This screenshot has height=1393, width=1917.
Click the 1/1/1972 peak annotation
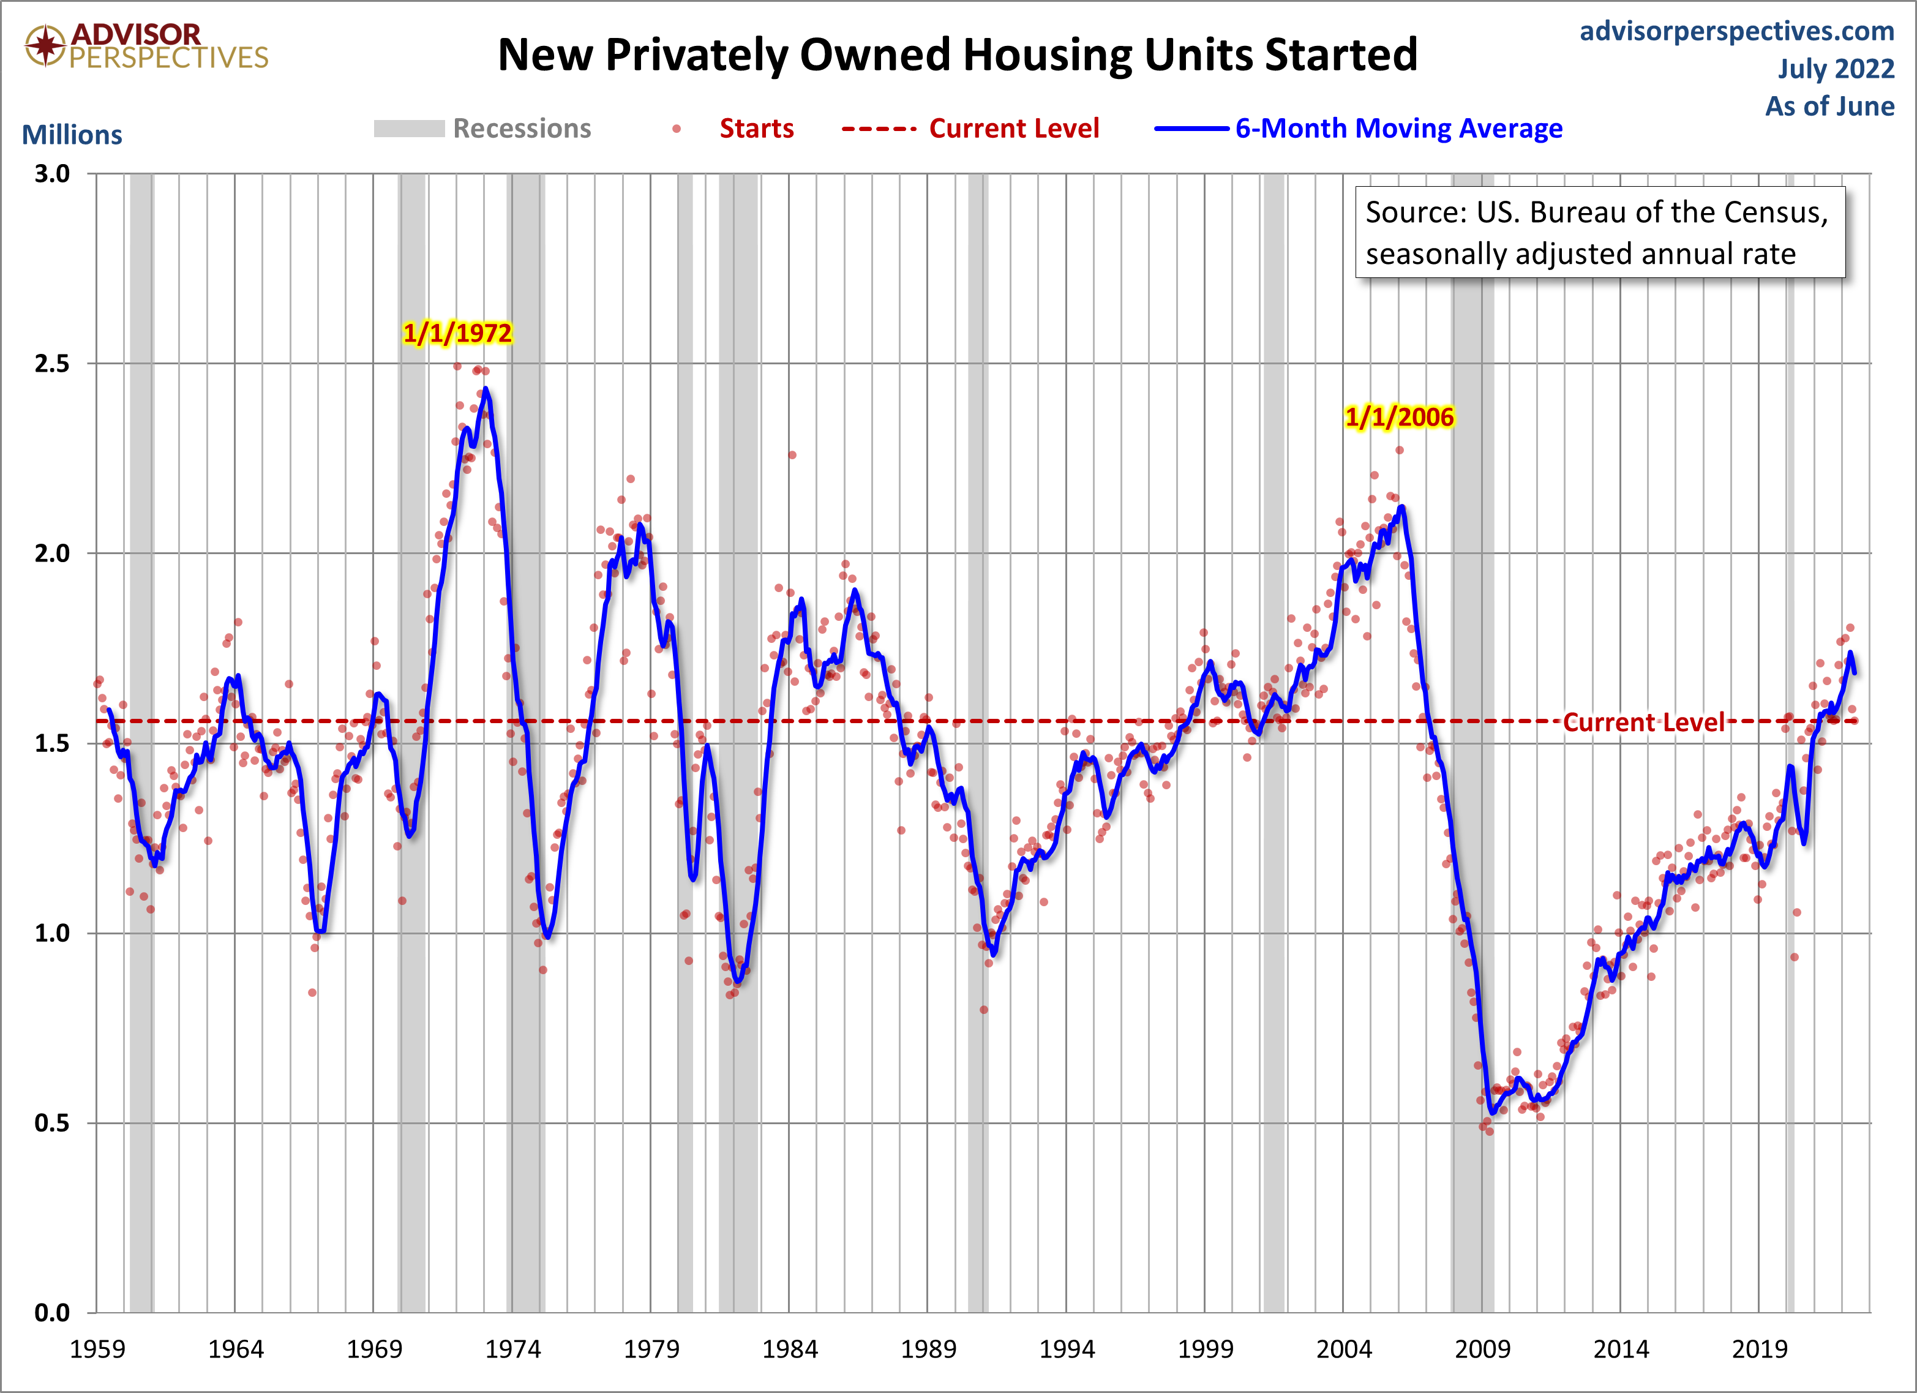tap(457, 333)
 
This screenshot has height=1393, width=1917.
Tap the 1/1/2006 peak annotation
tap(1399, 417)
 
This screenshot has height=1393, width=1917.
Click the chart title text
tap(957, 55)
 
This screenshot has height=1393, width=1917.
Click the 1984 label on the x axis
tap(789, 1349)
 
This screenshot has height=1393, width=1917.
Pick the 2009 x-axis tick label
tap(1482, 1349)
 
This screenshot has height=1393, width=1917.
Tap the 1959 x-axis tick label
tap(97, 1349)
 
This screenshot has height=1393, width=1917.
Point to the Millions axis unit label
tap(72, 135)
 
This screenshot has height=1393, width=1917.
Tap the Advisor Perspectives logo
tap(146, 46)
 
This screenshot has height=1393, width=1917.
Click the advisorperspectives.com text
tap(1737, 31)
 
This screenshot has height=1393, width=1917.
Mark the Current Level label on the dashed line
tap(1643, 723)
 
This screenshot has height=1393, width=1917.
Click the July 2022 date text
tap(1835, 69)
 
